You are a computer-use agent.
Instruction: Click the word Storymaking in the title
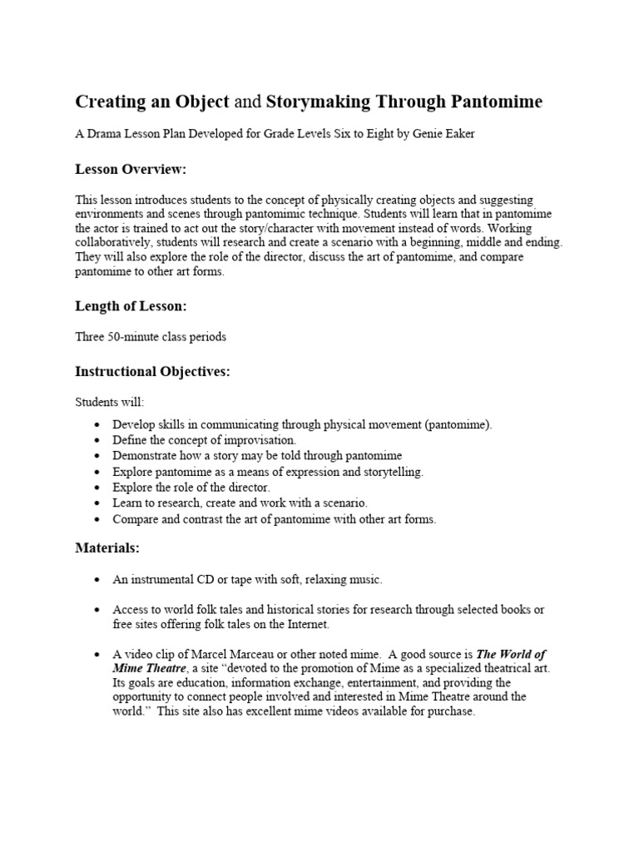[x=316, y=102]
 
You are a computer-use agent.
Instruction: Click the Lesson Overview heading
[x=131, y=170]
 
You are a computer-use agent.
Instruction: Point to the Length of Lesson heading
[x=131, y=306]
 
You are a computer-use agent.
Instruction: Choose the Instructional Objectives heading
[x=152, y=371]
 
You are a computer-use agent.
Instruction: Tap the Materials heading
[x=107, y=548]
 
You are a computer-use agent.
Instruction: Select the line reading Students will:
[x=109, y=403]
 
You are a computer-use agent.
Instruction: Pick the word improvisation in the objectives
[x=257, y=439]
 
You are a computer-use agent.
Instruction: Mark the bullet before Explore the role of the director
[x=97, y=488]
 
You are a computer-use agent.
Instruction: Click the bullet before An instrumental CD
[x=97, y=579]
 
